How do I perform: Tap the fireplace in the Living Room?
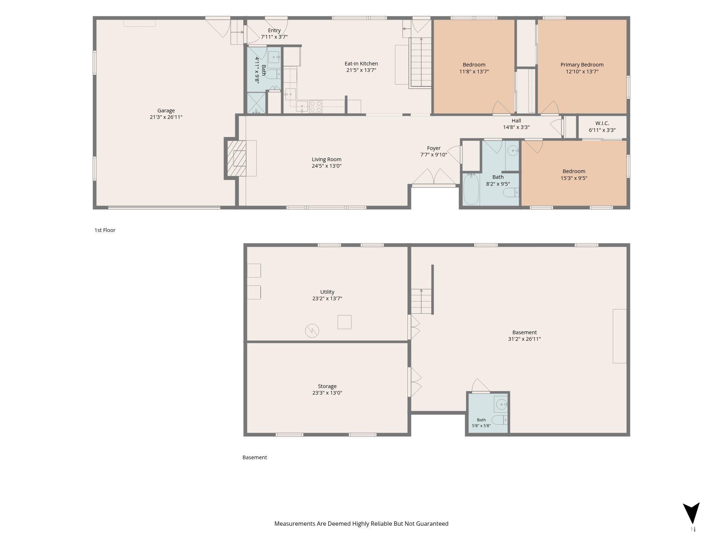[x=237, y=158]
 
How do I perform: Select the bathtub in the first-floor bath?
[x=471, y=189]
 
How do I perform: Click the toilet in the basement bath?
[x=500, y=420]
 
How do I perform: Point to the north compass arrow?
[x=691, y=513]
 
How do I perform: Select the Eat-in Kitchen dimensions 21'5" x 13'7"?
[x=361, y=70]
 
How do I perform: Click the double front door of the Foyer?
[x=434, y=178]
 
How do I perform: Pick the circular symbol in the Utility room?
[x=312, y=331]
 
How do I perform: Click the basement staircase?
[x=422, y=301]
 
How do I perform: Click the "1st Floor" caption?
[x=105, y=230]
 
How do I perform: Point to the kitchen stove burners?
[x=316, y=107]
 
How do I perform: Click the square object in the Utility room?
[x=345, y=322]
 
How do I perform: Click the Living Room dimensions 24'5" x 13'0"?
[x=327, y=166]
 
